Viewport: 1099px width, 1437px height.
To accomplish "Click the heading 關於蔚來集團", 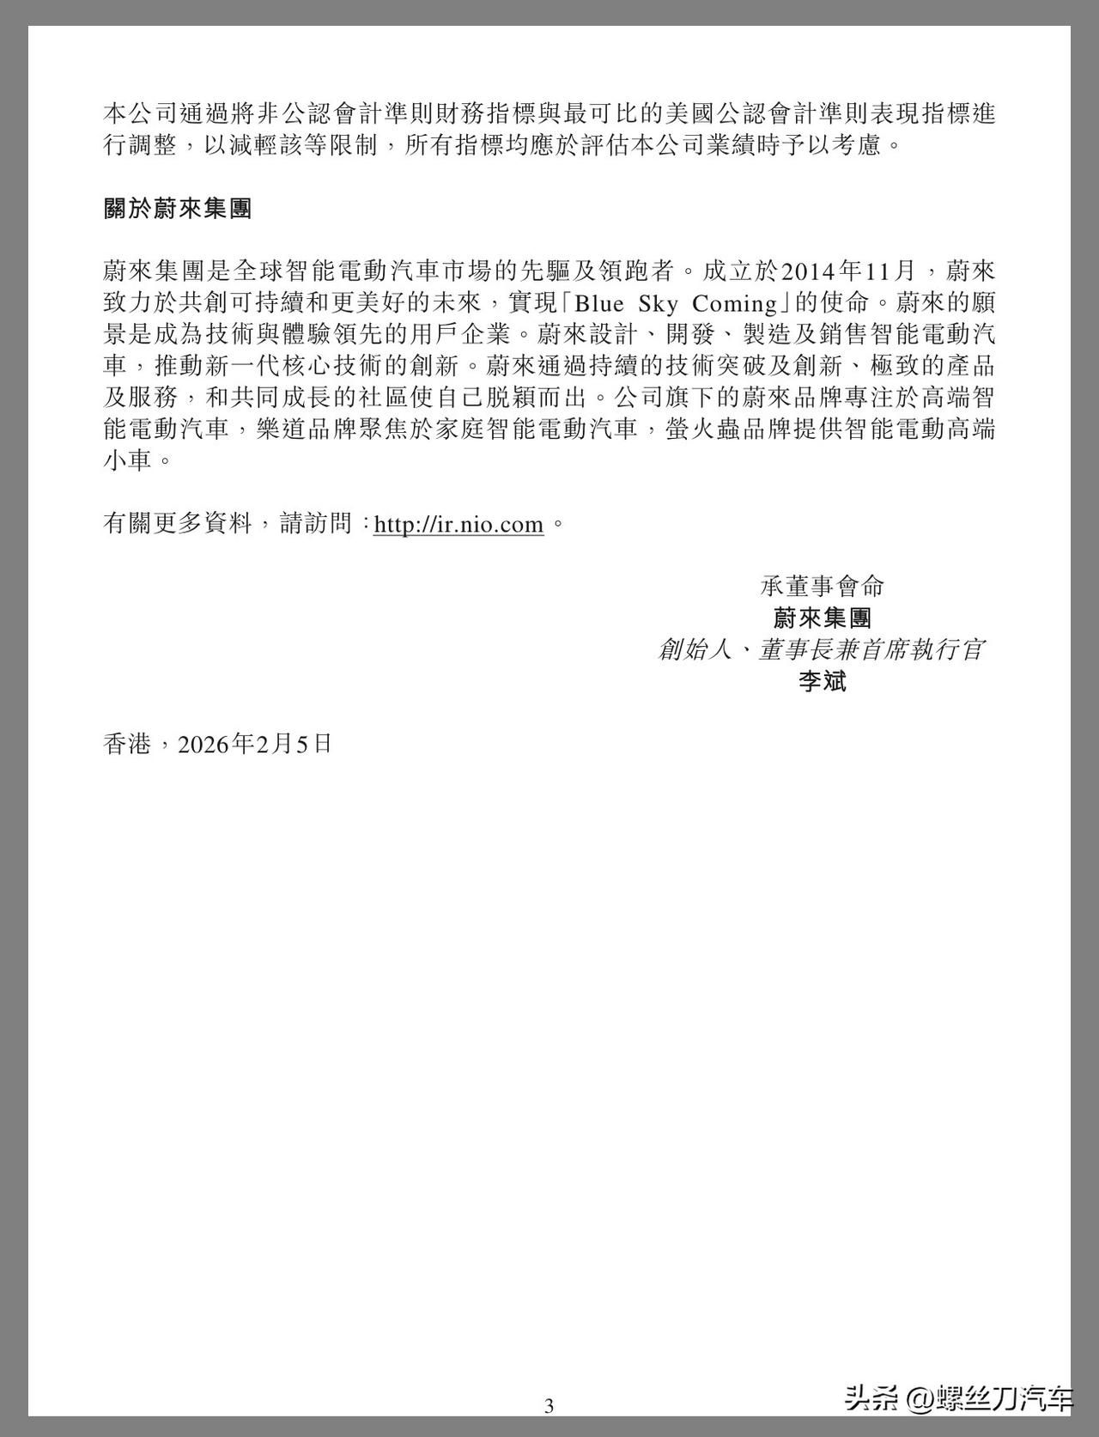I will [177, 209].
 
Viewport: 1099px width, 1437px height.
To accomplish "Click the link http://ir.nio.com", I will [458, 524].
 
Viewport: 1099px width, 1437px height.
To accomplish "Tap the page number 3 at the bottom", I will [549, 1405].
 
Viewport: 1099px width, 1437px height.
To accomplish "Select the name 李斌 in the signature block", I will [822, 682].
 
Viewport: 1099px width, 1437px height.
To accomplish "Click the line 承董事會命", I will [822, 587].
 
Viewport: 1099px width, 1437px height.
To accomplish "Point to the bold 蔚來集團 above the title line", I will [822, 618].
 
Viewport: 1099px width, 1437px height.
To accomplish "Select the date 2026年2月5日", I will [254, 744].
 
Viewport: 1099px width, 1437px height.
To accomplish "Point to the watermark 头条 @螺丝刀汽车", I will [958, 1398].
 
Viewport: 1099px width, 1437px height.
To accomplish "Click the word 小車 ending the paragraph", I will [127, 460].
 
